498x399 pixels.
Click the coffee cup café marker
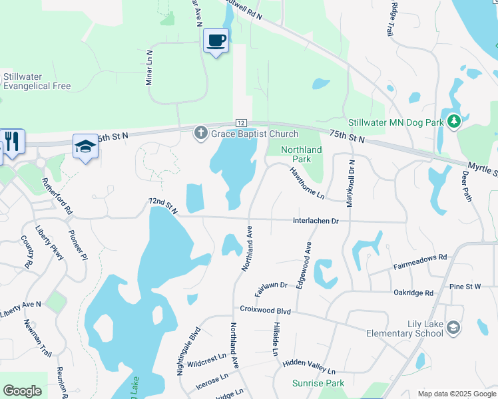point(215,41)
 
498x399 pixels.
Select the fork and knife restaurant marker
point(13,140)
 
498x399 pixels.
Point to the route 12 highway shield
point(241,123)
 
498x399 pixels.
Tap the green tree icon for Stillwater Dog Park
point(454,121)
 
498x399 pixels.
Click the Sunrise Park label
point(318,383)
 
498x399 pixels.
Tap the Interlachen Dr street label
point(316,221)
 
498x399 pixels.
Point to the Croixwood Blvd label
point(266,311)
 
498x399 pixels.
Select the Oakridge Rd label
point(413,293)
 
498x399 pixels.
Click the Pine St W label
point(465,287)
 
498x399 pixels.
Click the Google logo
point(22,391)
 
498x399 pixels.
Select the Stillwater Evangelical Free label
point(37,81)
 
